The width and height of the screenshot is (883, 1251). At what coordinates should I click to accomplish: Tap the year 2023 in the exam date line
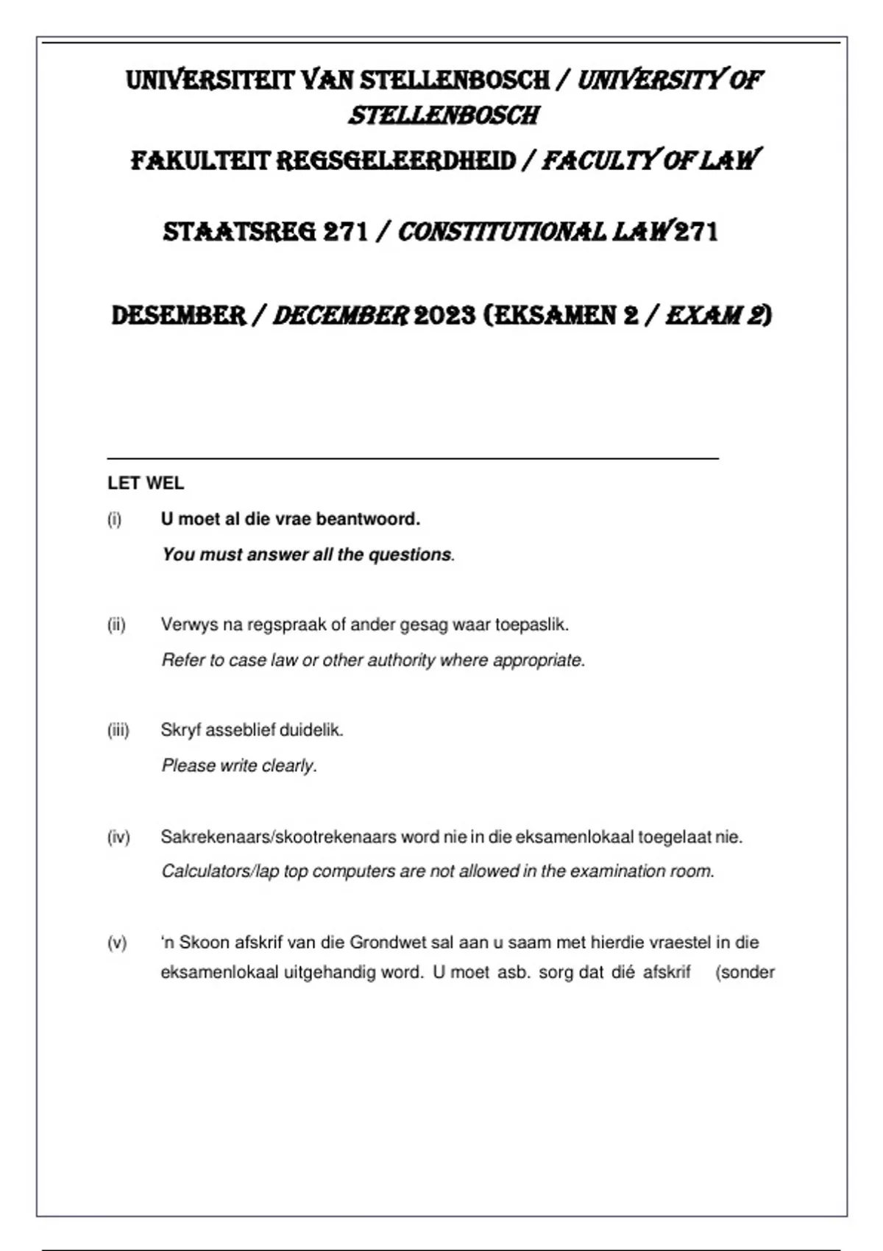444,316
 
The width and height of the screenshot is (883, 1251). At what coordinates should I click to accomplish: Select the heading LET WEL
146,483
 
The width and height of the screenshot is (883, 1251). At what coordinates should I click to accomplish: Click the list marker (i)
114,520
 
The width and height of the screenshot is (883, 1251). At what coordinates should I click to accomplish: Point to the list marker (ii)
116,625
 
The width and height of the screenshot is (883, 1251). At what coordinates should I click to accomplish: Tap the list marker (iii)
118,730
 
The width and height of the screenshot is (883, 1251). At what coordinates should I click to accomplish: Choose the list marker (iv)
118,837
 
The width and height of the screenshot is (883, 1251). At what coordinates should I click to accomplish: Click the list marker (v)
117,943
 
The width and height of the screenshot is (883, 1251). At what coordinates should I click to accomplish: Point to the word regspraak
287,625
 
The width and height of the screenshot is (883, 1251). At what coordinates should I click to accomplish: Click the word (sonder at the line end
745,973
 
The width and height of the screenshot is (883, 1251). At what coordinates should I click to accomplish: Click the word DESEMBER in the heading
178,316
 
